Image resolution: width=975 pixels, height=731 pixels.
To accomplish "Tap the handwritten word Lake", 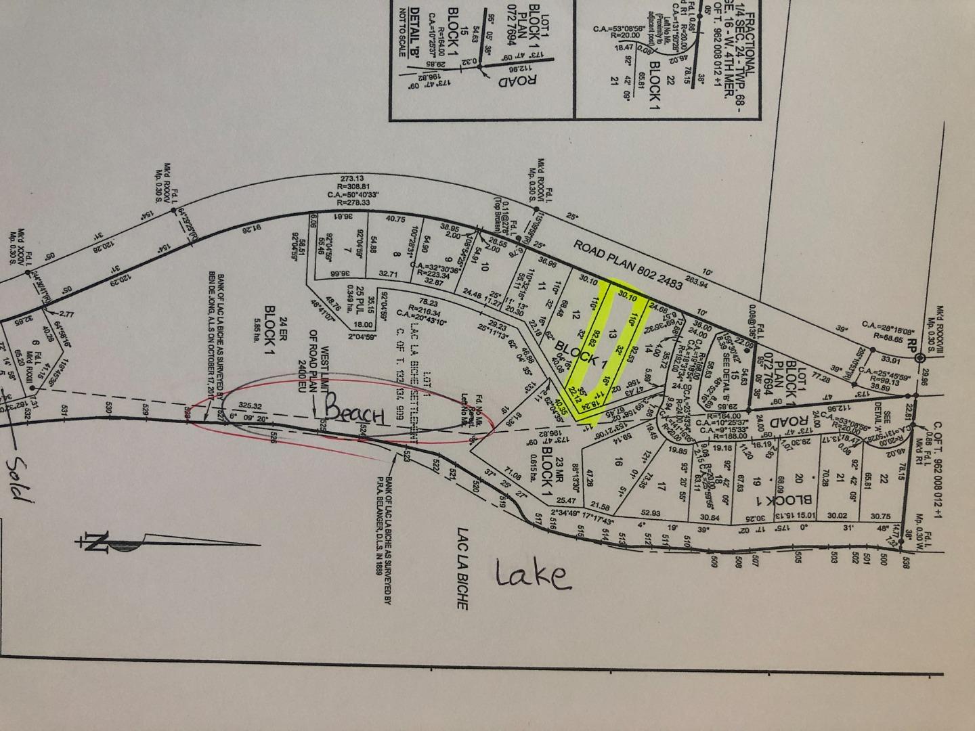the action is (x=531, y=575).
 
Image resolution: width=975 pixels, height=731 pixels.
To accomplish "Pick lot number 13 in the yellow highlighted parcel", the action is (x=612, y=332).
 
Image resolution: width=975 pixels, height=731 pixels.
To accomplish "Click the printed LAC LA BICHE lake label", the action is (x=463, y=567).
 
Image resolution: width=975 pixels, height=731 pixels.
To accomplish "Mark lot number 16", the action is (x=617, y=462).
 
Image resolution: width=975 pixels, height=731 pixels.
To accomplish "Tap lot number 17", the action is (x=662, y=486).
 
